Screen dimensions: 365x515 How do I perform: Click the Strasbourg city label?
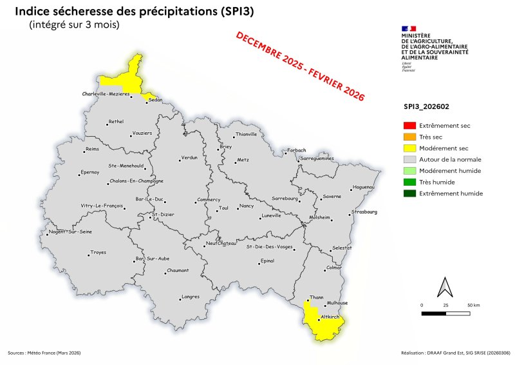[365, 211]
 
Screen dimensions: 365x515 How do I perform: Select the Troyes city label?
[98, 252]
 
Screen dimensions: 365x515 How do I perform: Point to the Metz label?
[243, 159]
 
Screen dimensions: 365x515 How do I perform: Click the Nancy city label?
[247, 206]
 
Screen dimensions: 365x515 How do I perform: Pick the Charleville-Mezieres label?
[106, 94]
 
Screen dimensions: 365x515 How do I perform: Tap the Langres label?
[191, 296]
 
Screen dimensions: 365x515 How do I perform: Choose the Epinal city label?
[267, 261]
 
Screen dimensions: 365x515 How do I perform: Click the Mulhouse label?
[337, 302]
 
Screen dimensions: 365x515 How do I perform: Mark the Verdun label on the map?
[189, 157]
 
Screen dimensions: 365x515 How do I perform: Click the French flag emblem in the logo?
[407, 28]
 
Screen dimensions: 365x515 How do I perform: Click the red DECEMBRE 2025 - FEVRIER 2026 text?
[300, 66]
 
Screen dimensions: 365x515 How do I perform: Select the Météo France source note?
[44, 353]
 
